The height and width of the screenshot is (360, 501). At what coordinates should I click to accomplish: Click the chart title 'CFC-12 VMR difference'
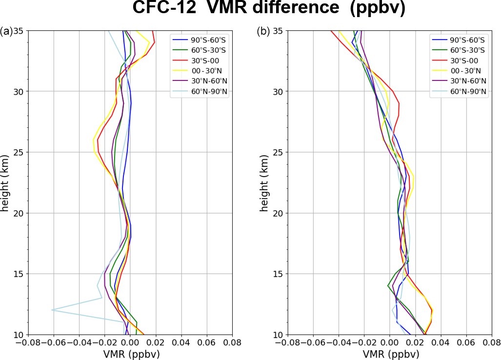pyautogui.click(x=269, y=9)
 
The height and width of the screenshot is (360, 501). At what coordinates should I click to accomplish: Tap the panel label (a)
pyautogui.click(x=7, y=32)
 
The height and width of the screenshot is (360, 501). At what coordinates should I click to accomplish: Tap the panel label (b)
pyautogui.click(x=263, y=32)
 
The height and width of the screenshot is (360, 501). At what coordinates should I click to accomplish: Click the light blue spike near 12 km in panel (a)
pyautogui.click(x=52, y=310)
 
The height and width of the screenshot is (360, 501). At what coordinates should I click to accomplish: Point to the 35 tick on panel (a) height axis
pyautogui.click(x=20, y=31)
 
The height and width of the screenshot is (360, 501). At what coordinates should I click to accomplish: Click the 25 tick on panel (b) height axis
pyautogui.click(x=277, y=152)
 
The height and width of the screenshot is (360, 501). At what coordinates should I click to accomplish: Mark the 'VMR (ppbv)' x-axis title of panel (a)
pyautogui.click(x=129, y=354)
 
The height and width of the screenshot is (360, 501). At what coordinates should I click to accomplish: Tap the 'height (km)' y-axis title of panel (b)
pyautogui.click(x=264, y=183)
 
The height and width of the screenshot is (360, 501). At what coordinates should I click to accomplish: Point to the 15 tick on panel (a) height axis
pyautogui.click(x=20, y=274)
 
